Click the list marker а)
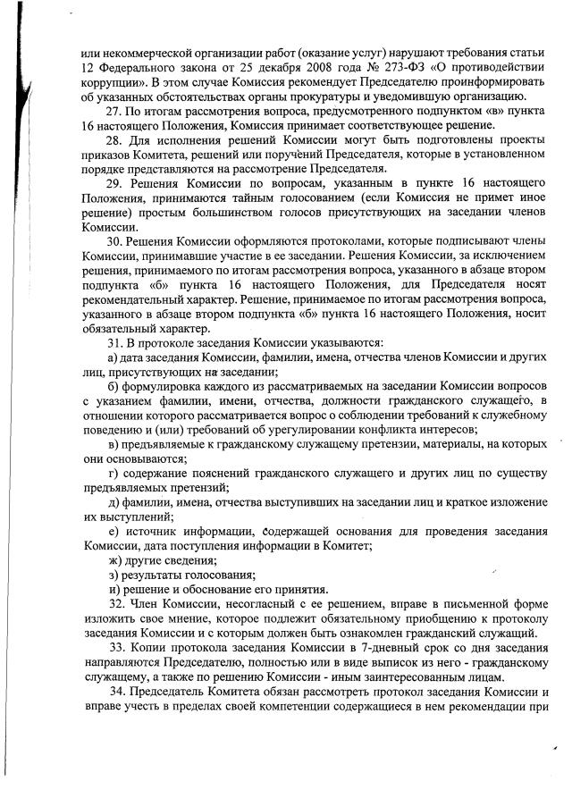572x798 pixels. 113,357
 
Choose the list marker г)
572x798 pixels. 113,473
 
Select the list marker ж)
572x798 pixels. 114,559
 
